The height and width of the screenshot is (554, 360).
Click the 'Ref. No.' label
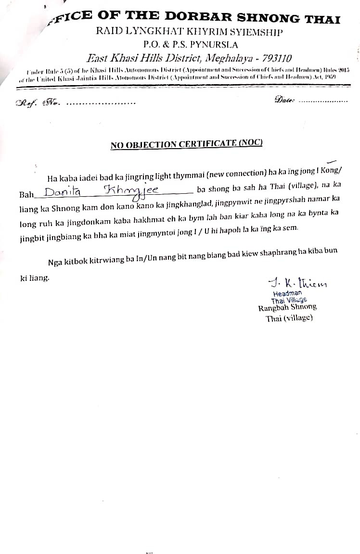[x=39, y=102]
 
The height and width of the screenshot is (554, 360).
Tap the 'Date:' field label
[x=284, y=100]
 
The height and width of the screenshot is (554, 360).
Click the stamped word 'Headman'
[x=287, y=293]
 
